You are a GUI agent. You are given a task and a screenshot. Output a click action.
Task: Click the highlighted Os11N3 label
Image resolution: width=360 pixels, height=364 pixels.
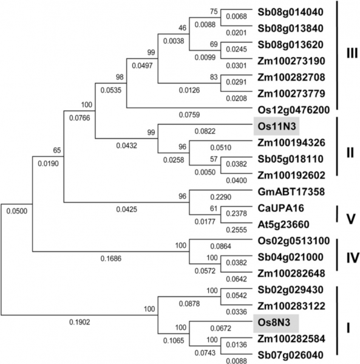(x=277, y=126)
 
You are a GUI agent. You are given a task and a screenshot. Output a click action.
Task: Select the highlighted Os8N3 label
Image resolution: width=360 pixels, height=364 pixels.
(x=274, y=323)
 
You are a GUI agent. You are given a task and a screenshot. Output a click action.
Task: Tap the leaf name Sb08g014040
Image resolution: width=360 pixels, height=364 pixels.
(x=290, y=12)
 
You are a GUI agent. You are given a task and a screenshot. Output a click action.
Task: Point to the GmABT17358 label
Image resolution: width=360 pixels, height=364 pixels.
(x=291, y=192)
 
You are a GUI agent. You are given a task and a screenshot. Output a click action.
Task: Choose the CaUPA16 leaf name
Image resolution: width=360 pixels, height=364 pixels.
(x=280, y=208)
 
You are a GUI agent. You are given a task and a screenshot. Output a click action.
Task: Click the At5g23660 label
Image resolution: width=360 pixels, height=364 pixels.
(x=284, y=224)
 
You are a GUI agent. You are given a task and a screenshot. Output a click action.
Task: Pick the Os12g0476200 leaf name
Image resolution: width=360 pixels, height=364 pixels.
(x=294, y=110)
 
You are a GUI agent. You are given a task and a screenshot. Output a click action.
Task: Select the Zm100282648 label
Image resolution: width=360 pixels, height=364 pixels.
(x=291, y=273)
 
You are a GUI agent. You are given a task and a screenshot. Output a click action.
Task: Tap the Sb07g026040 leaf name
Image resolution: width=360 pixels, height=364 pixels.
(x=290, y=355)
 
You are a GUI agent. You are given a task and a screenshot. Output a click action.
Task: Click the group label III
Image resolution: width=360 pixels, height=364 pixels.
(x=352, y=53)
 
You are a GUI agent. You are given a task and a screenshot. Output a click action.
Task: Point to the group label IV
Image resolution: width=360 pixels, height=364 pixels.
(x=353, y=258)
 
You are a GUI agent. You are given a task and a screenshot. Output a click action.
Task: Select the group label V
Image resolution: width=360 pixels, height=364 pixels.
(x=350, y=219)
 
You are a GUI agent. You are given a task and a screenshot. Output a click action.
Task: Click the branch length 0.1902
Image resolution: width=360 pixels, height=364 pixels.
(x=80, y=322)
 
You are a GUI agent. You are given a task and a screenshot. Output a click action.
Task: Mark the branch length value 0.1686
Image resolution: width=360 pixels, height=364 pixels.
(x=110, y=258)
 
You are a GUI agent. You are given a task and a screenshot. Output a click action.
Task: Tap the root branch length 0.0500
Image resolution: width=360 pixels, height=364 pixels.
(x=17, y=211)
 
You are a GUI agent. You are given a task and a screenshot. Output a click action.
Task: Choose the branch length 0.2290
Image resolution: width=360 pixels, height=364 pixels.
(x=220, y=197)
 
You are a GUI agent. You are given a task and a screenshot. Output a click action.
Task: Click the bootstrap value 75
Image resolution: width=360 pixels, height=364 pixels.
(x=214, y=12)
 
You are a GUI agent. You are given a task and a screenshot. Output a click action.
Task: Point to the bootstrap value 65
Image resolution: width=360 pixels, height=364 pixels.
(x=57, y=150)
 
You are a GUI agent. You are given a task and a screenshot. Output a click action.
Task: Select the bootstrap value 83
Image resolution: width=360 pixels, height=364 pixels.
(x=214, y=77)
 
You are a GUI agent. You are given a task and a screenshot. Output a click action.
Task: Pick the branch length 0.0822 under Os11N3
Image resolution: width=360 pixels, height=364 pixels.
(x=205, y=131)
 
